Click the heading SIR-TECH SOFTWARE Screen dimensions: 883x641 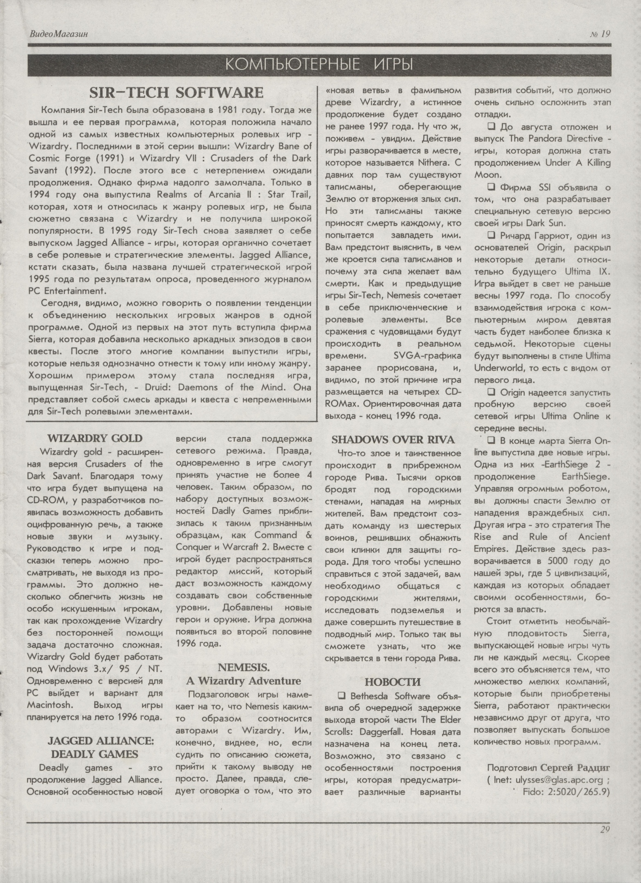pyautogui.click(x=176, y=93)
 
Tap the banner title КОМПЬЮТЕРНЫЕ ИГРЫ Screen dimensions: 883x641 pyautogui.click(x=319, y=65)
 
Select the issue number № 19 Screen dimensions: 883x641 pyautogui.click(x=600, y=34)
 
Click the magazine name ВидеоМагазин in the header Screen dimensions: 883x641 pyautogui.click(x=58, y=34)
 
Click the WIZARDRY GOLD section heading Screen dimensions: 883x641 pyautogui.click(x=94, y=439)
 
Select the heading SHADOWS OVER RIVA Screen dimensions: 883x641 pyautogui.click(x=393, y=440)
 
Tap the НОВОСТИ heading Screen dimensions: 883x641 pyautogui.click(x=393, y=682)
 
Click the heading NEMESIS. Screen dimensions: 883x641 pyautogui.click(x=243, y=668)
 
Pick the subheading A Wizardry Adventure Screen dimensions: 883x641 pyautogui.click(x=243, y=681)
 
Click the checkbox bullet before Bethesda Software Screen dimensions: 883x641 pyautogui.click(x=342, y=696)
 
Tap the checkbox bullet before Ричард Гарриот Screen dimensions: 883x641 pyautogui.click(x=491, y=235)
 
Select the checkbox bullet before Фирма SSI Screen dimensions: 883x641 pyautogui.click(x=491, y=188)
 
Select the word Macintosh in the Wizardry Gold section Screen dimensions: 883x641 pyautogui.click(x=50, y=705)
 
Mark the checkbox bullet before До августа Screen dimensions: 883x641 pyautogui.click(x=491, y=127)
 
